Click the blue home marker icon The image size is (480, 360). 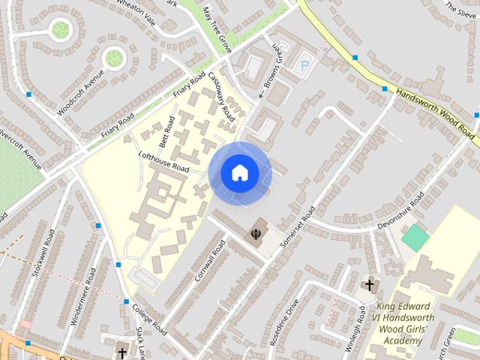click(239, 173)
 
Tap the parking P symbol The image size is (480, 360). click(304, 65)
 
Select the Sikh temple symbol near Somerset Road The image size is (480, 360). click(256, 234)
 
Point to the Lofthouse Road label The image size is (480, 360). click(163, 161)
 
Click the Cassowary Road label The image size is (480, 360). click(222, 97)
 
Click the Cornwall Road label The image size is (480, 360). click(209, 260)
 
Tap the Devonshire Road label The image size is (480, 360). click(401, 210)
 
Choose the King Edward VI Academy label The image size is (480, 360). click(403, 322)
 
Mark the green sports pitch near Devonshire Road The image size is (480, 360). click(415, 238)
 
